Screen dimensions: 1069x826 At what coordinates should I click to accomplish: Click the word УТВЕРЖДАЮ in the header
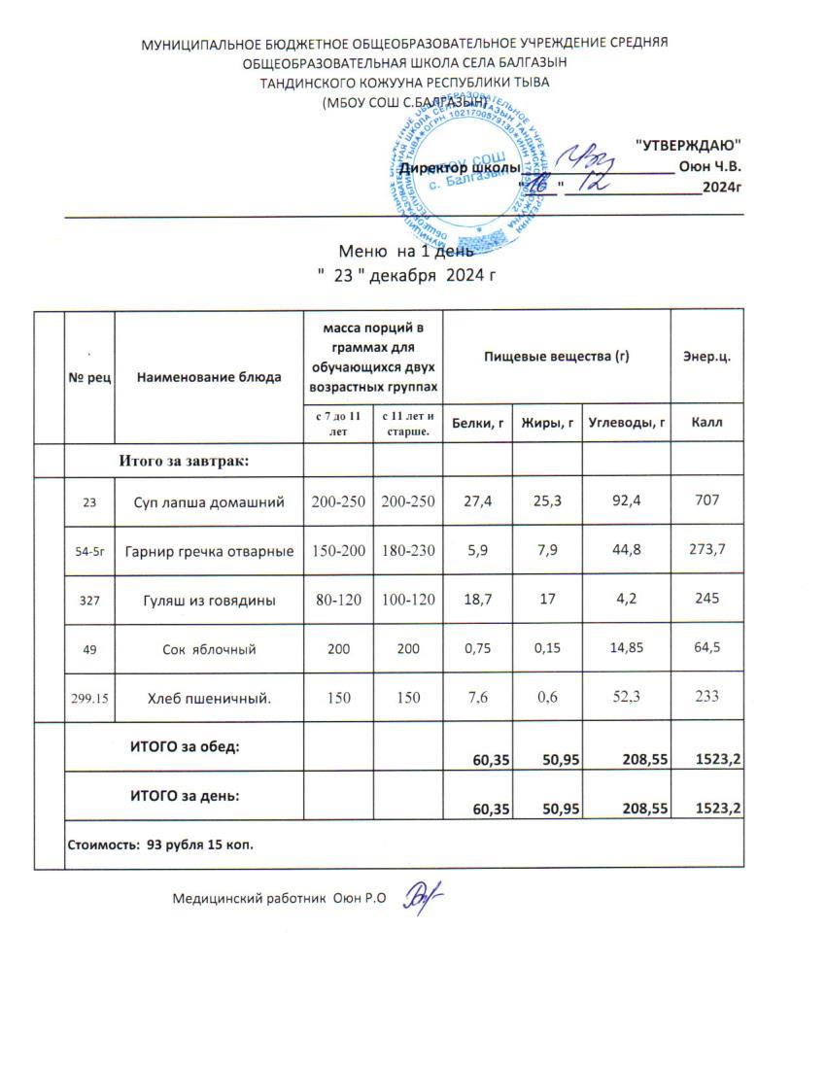coord(688,144)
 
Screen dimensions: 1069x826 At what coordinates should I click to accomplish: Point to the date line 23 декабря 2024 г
coord(408,275)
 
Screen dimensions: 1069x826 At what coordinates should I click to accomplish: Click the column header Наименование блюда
coord(209,376)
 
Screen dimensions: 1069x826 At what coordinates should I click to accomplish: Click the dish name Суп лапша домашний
coord(209,502)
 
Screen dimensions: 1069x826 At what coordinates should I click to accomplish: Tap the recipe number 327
coord(89,601)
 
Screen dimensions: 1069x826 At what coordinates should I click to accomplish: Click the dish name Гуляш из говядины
coord(209,601)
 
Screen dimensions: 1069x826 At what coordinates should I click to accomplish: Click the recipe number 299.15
coord(89,697)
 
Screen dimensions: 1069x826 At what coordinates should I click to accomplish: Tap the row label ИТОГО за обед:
coord(185,746)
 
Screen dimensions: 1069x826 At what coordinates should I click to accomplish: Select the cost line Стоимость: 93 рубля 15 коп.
coord(160,845)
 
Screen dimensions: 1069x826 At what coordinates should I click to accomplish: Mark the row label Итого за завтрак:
coord(185,460)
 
